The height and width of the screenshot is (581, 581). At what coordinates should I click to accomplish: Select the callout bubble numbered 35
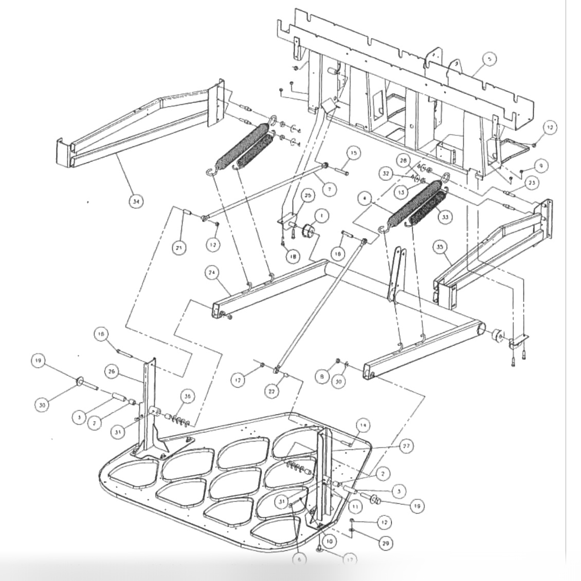440,247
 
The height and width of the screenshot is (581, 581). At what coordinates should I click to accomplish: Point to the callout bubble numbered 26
111,370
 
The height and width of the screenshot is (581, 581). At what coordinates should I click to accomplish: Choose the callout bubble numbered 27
406,447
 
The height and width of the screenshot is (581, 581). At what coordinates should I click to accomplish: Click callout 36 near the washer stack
188,396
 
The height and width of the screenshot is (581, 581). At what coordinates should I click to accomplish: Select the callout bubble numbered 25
308,196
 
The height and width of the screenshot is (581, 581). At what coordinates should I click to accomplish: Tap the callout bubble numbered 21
179,247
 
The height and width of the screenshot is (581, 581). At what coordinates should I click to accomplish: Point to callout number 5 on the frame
489,60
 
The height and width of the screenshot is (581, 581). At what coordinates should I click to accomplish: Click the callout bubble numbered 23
532,182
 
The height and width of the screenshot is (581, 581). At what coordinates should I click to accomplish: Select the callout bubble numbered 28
403,160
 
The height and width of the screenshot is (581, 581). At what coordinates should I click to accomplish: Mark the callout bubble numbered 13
401,192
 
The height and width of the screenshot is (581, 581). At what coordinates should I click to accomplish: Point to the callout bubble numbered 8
322,377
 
